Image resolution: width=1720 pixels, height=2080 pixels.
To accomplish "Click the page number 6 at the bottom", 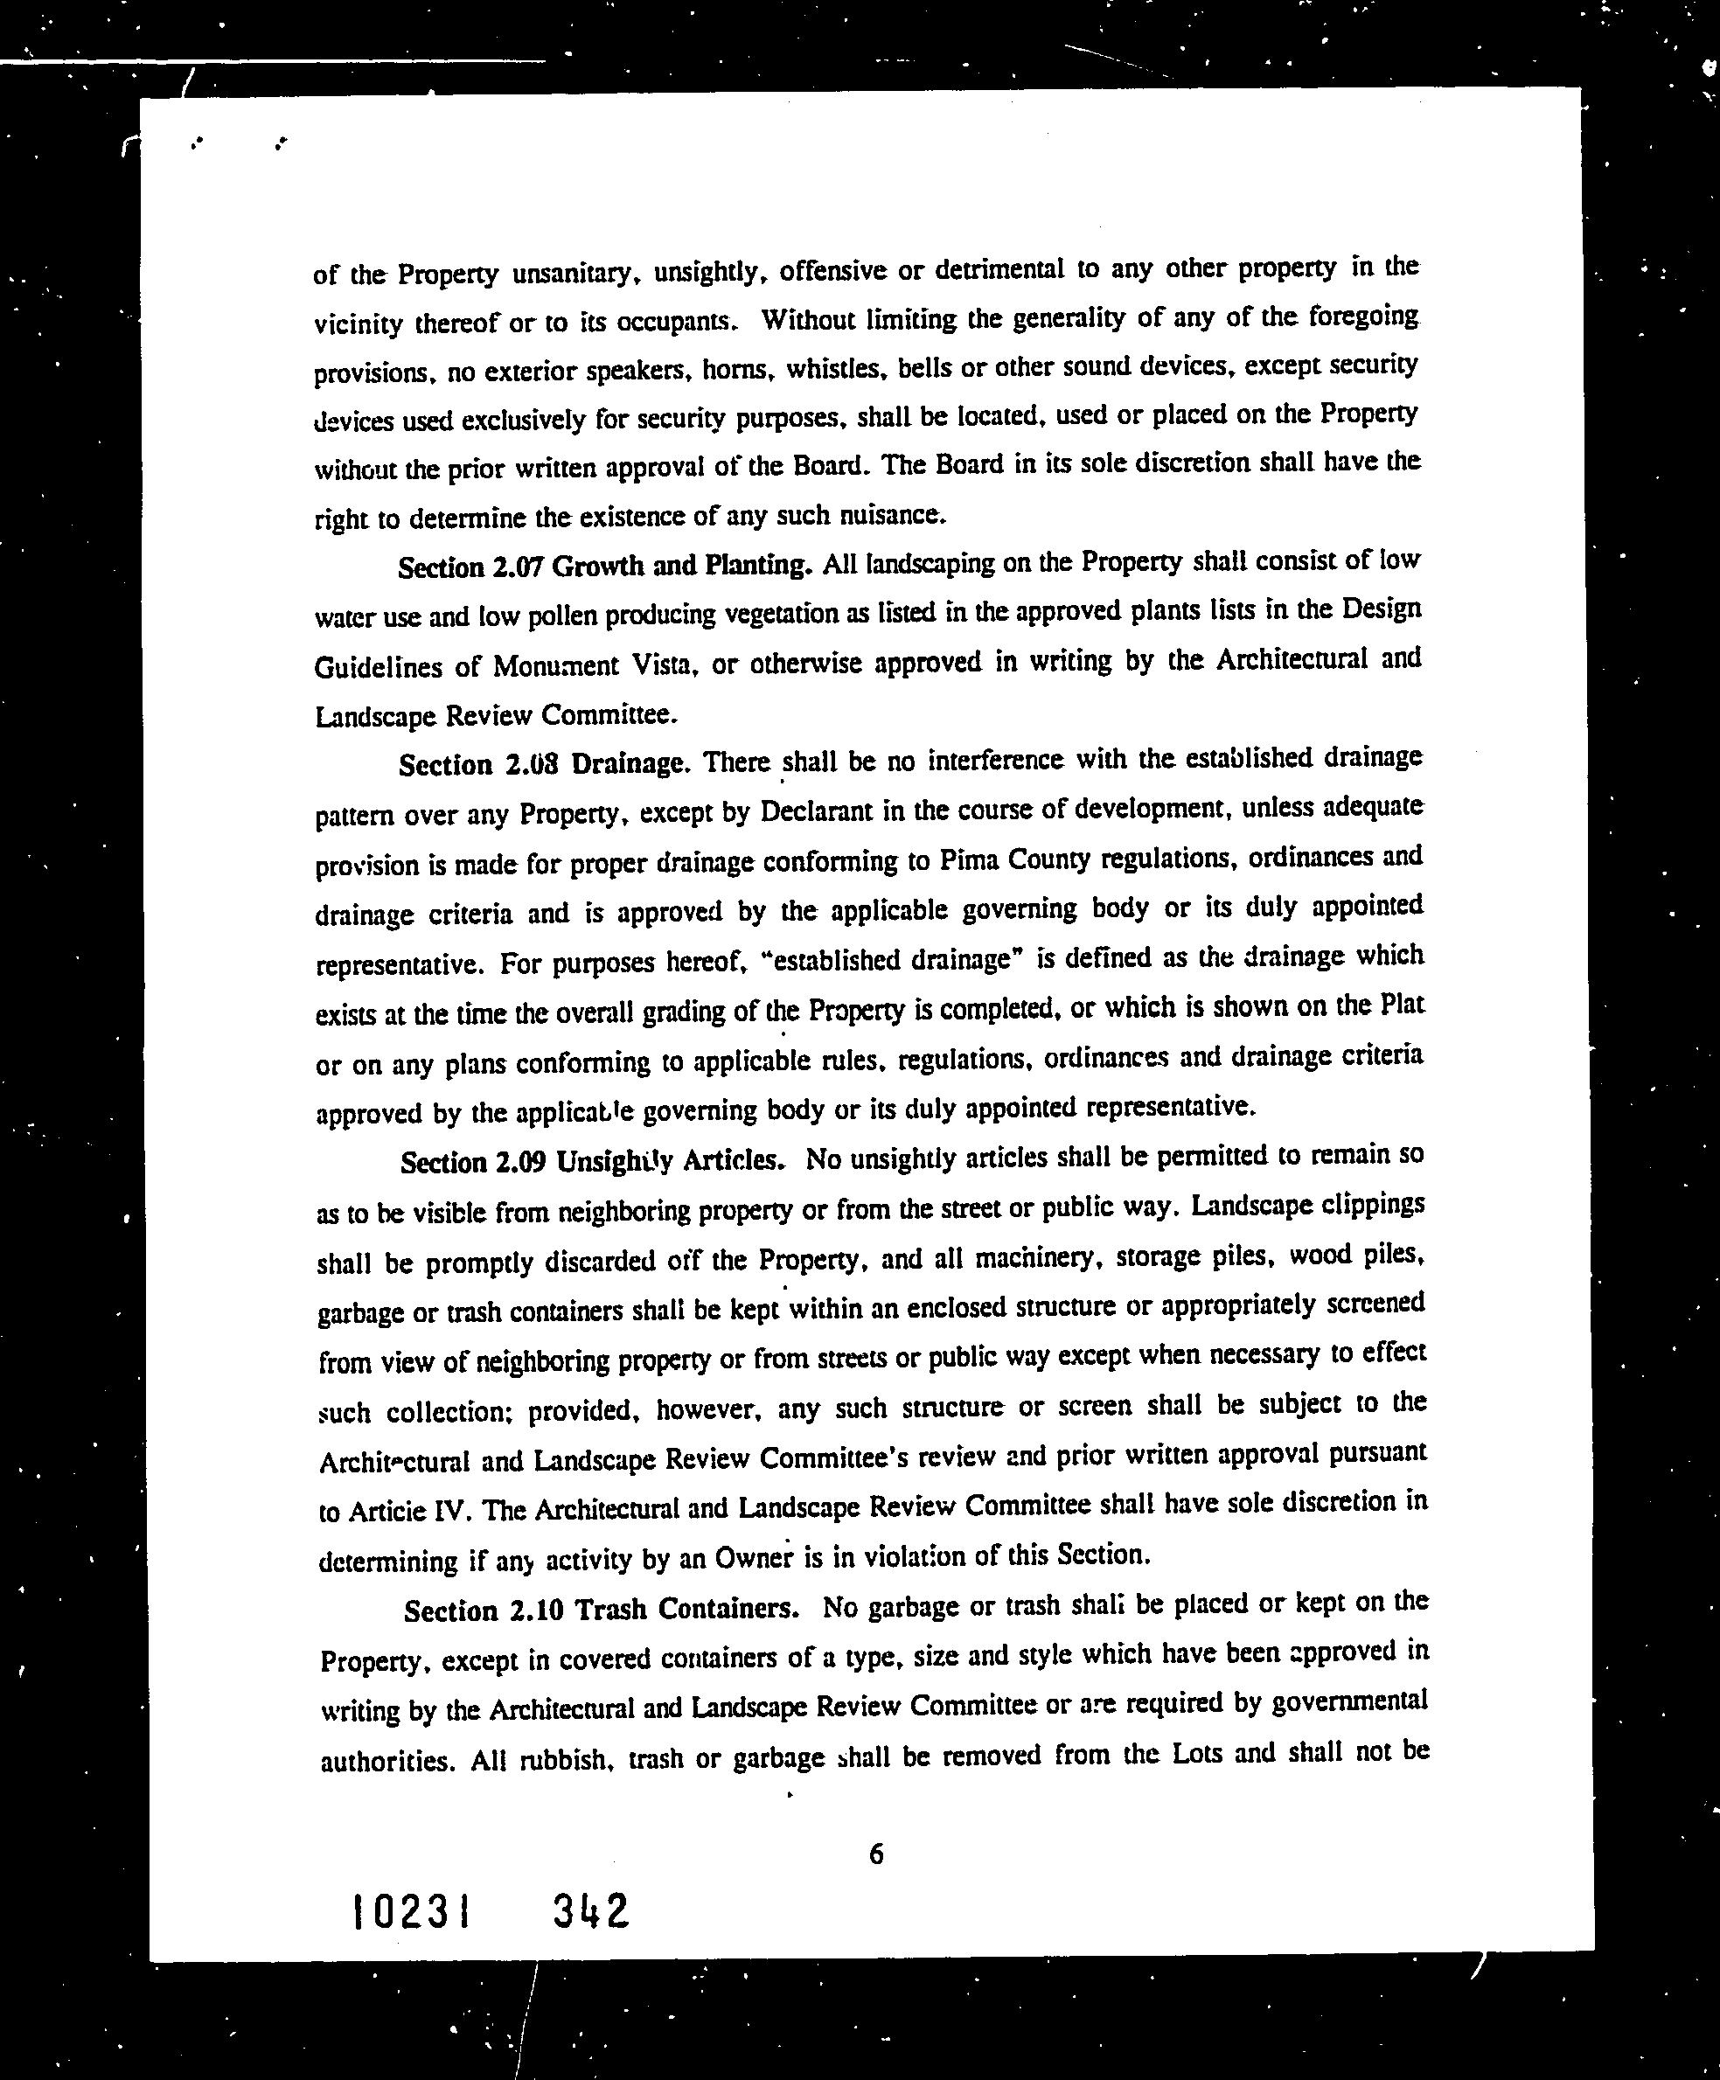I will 876,1854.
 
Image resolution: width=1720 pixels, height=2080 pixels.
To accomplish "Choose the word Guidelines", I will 378,668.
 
